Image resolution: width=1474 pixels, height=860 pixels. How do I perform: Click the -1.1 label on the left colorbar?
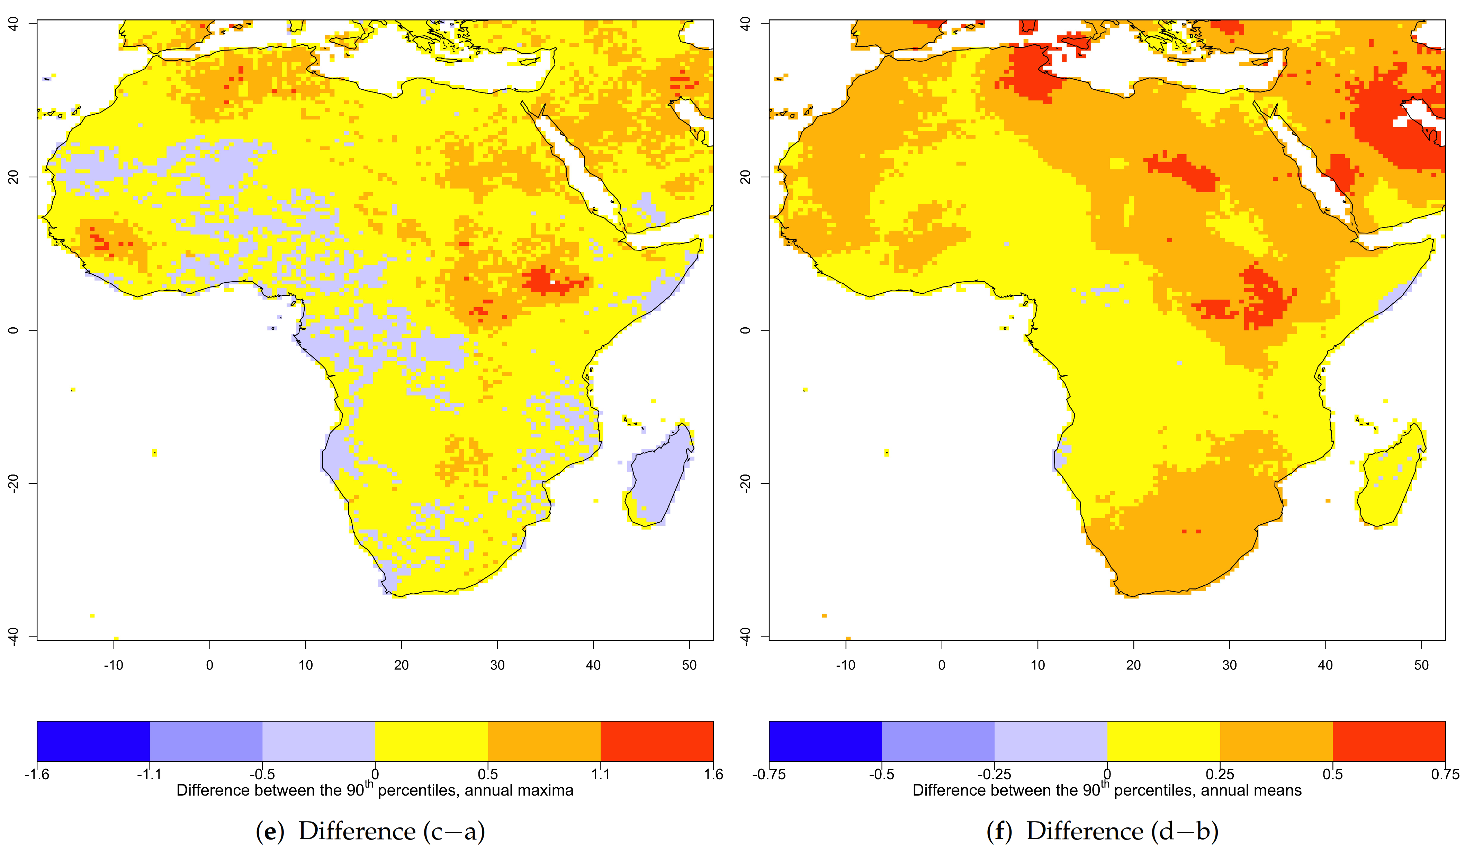(x=149, y=774)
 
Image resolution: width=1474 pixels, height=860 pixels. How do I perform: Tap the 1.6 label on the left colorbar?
(x=713, y=774)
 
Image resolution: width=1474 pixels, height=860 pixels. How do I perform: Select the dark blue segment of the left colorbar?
(x=93, y=741)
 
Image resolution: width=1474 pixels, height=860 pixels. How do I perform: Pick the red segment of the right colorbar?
(x=1388, y=741)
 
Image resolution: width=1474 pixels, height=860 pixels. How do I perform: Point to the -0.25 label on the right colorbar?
(x=994, y=774)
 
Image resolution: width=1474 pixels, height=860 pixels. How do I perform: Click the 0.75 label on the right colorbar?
(x=1445, y=774)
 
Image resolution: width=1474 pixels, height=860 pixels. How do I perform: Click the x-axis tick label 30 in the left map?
(x=497, y=665)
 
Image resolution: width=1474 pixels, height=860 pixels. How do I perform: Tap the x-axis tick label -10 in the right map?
(x=845, y=665)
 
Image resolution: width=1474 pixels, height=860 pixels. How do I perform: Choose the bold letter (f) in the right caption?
(x=1000, y=831)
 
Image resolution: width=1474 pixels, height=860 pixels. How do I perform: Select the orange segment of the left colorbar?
(x=544, y=741)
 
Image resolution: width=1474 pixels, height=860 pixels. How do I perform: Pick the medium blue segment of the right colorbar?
(x=938, y=741)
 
